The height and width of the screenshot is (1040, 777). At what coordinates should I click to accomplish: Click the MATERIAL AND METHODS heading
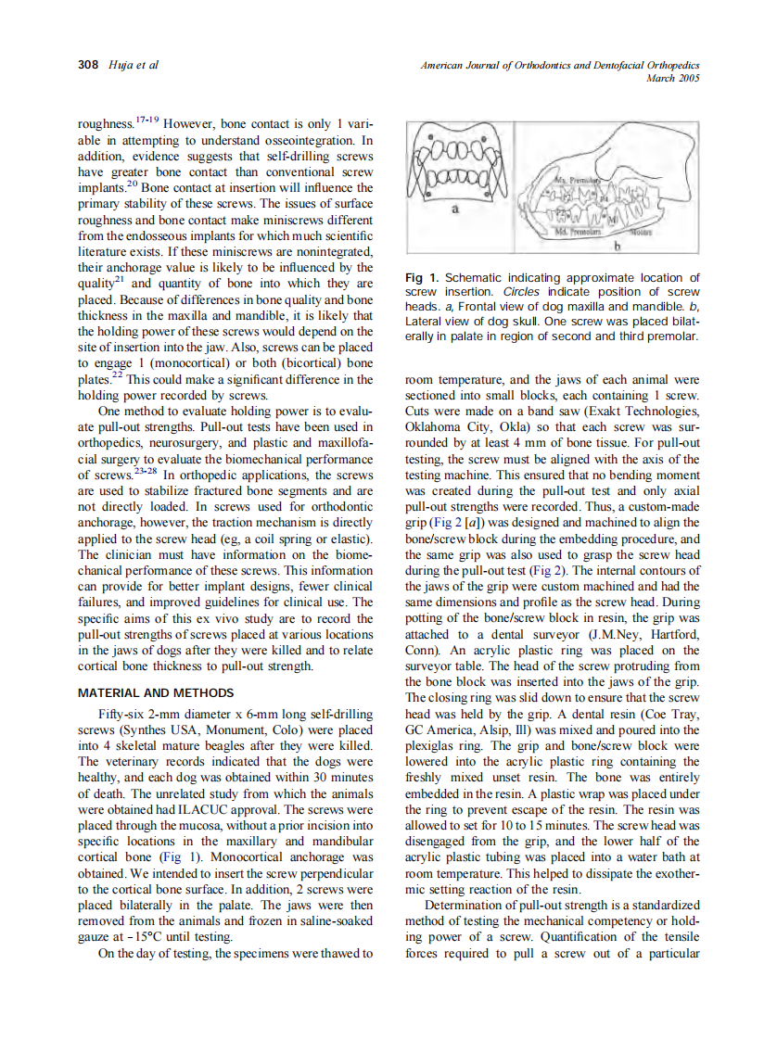tap(155, 692)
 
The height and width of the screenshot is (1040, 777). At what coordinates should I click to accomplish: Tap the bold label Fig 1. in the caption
tap(423, 278)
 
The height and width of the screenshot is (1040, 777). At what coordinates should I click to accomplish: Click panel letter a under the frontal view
tap(454, 210)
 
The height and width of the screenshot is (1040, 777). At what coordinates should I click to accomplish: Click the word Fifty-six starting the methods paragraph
tap(122, 715)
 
